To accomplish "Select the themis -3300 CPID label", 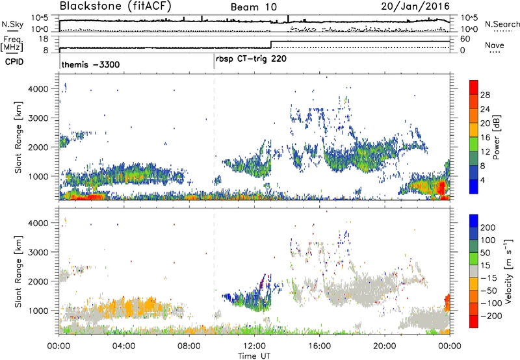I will (x=89, y=65).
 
